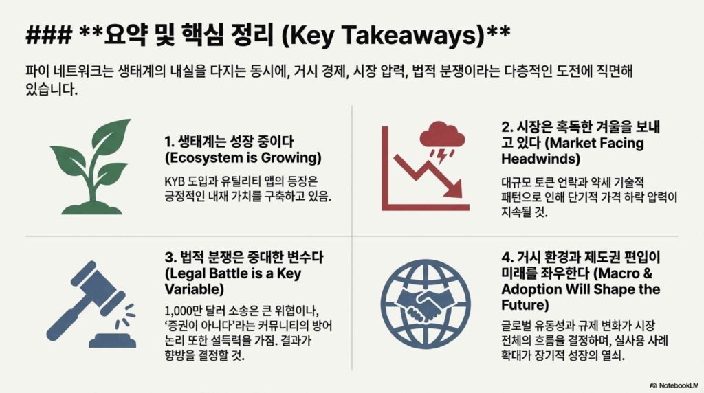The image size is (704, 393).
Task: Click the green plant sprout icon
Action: (x=90, y=167)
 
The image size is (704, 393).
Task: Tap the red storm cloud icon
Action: (x=442, y=134)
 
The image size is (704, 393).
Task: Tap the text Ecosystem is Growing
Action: (x=243, y=158)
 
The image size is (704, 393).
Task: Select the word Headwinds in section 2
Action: (x=540, y=159)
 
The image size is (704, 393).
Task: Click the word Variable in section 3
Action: (x=194, y=289)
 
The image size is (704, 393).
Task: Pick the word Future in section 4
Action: (x=523, y=305)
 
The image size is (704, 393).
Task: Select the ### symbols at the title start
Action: (x=49, y=35)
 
